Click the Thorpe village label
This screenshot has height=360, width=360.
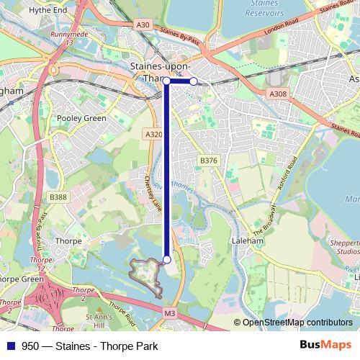click(x=68, y=242)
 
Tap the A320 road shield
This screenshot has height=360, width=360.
click(x=153, y=134)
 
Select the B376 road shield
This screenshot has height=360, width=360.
click(x=209, y=160)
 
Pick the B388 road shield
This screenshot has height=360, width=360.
click(x=58, y=197)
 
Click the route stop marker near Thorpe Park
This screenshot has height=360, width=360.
click(x=167, y=259)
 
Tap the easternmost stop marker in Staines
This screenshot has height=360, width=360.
click(x=193, y=81)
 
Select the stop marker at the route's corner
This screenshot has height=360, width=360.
click(x=167, y=81)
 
